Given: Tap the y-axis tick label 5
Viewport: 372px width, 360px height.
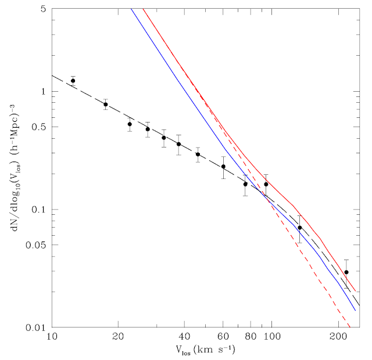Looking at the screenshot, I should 45,9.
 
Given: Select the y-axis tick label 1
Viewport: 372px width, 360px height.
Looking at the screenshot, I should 45,92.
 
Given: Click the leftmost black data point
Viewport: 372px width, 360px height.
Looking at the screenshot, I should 73,81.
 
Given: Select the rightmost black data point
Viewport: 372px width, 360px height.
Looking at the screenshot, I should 346,272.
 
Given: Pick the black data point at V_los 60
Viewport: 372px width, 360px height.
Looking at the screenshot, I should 223,167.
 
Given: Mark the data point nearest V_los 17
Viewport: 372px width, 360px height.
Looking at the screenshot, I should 106,105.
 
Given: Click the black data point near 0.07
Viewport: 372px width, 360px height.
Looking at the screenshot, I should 300,228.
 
